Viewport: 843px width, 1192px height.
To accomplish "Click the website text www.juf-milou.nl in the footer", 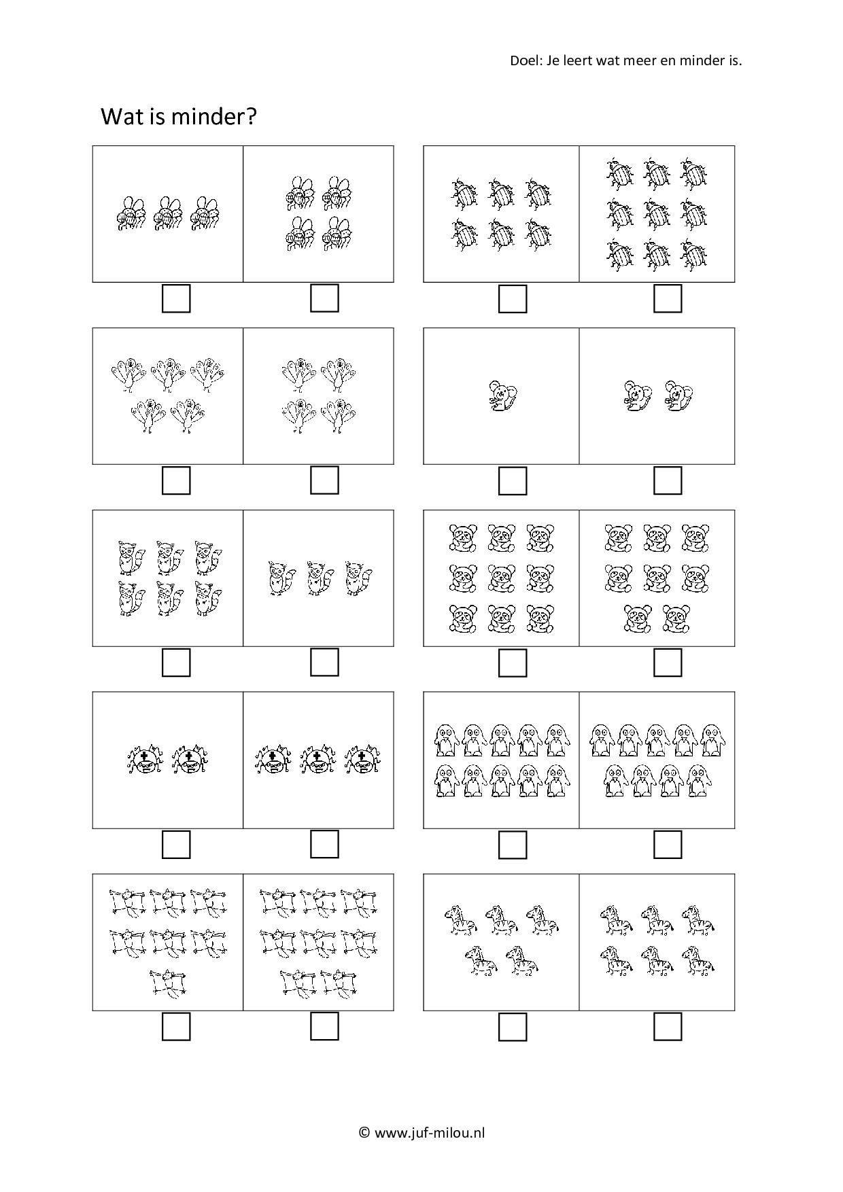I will point(429,1133).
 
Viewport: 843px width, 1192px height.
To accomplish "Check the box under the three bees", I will point(176,298).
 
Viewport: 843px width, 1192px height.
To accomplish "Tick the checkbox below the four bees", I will point(324,298).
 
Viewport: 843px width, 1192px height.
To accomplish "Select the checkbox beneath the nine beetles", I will point(668,298).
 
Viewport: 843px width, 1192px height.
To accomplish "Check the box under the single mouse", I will point(513,480).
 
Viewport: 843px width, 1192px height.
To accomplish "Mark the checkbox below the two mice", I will point(668,480).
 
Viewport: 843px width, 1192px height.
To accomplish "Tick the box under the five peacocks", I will point(176,480).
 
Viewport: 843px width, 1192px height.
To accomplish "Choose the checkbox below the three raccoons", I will point(324,662).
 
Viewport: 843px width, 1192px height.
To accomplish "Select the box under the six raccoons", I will point(176,663).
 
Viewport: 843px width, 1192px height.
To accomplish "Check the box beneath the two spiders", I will point(176,845).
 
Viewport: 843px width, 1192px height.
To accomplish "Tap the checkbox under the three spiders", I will point(324,844).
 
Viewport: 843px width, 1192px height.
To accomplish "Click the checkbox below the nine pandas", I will point(513,663).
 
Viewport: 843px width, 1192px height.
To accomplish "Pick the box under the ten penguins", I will point(513,845).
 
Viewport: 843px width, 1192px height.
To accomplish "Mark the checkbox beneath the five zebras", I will point(513,1027).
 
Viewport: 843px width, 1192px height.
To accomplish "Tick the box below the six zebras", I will point(668,1026).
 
